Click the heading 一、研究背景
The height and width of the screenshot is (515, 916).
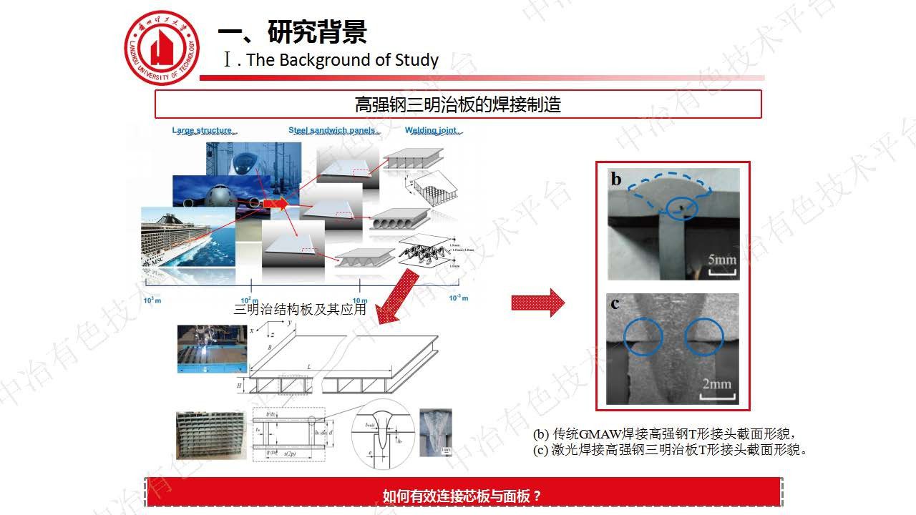[292, 31]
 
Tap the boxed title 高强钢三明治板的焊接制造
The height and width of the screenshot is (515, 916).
[458, 104]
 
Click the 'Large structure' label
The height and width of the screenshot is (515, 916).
[203, 130]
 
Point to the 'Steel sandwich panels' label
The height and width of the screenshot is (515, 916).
[332, 130]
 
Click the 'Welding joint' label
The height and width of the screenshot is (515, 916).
[432, 130]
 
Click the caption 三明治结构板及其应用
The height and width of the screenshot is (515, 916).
[300, 309]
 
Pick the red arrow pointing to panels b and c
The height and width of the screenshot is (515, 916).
[537, 303]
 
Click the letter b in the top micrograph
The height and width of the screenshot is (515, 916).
[616, 180]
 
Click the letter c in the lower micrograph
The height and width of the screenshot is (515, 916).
[615, 303]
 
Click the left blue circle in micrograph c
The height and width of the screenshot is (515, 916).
[643, 336]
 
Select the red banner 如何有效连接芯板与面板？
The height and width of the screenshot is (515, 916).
[462, 495]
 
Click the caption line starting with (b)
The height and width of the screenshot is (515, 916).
[664, 434]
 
